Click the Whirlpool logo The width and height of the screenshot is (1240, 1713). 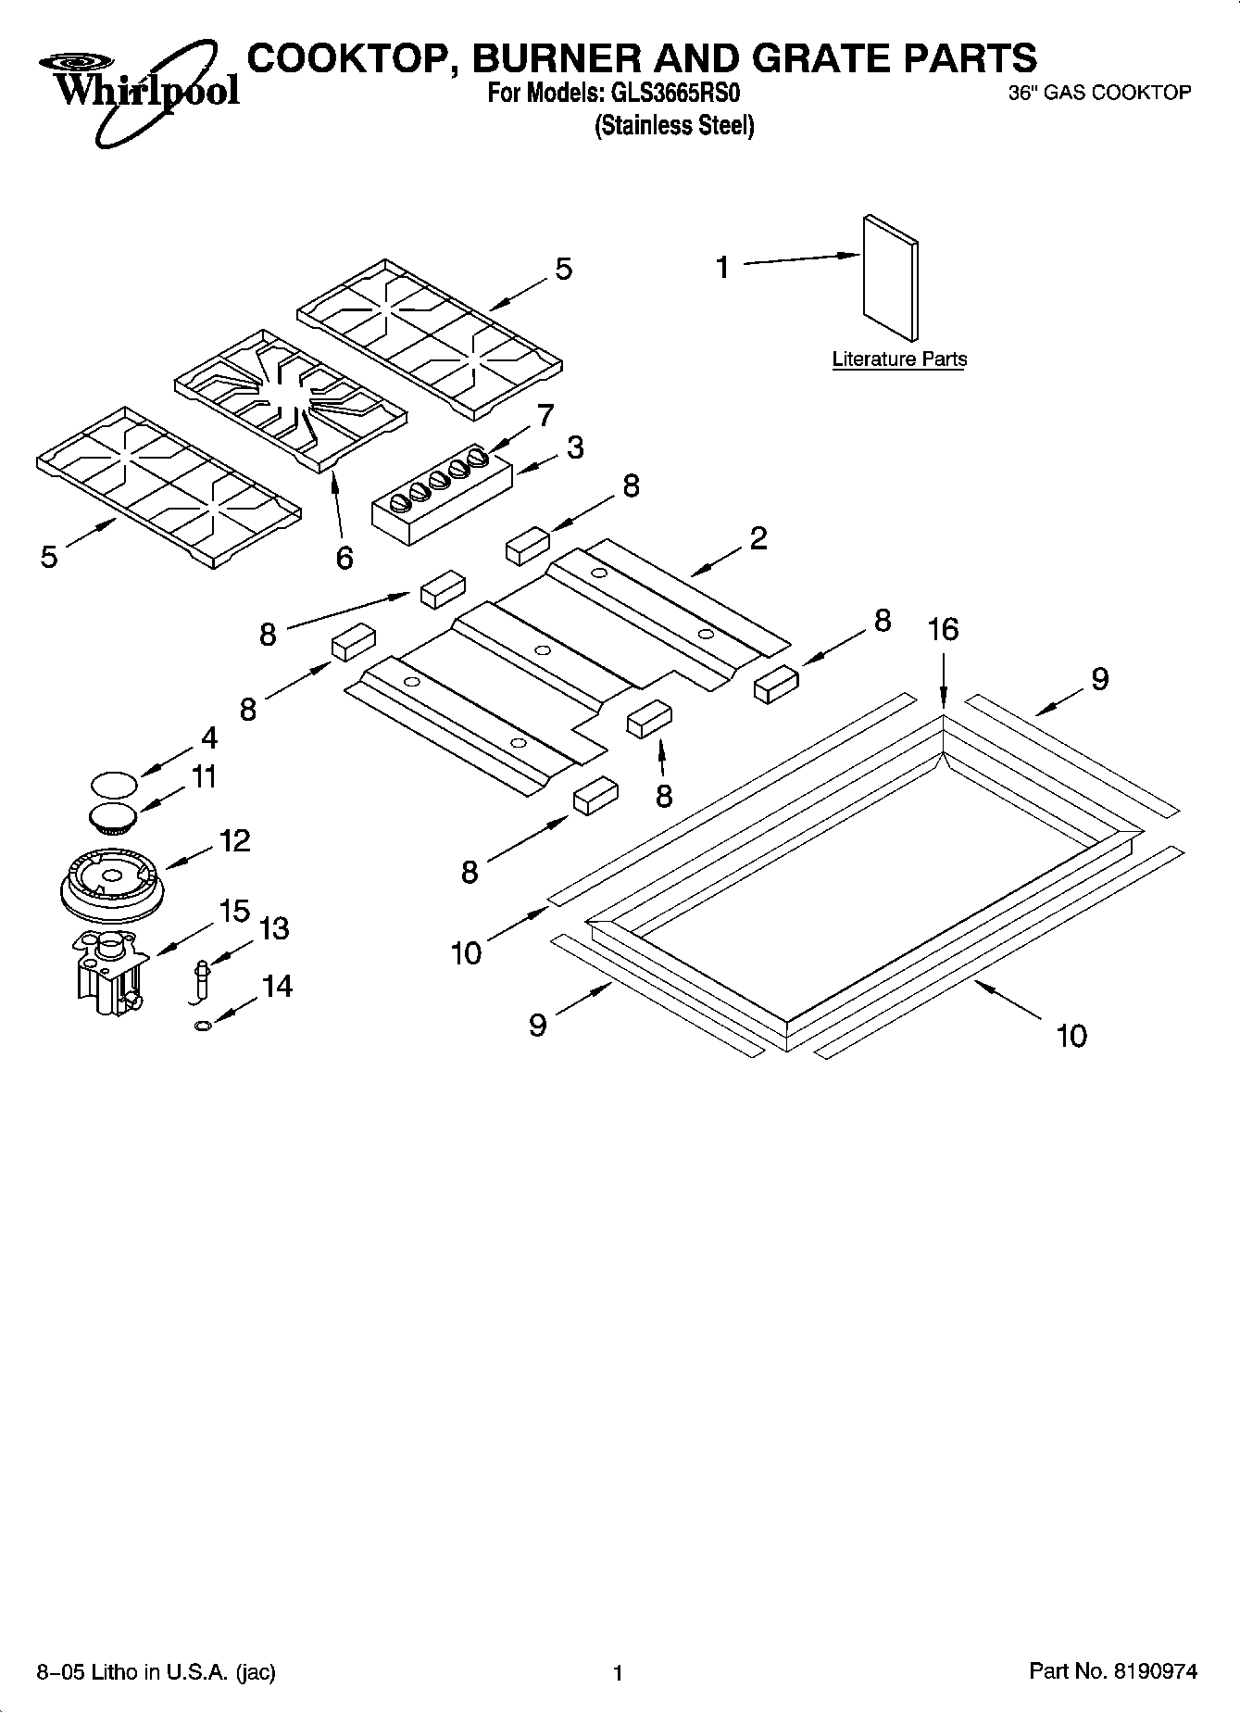(139, 88)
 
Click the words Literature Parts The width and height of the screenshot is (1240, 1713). (898, 359)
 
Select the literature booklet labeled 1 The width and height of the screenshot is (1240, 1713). (891, 279)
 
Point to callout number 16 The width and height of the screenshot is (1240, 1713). (943, 630)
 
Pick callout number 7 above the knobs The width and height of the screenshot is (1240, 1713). (545, 415)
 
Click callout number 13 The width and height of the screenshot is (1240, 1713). (274, 927)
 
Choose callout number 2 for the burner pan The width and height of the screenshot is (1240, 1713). (758, 538)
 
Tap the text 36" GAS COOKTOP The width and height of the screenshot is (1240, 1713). (1098, 93)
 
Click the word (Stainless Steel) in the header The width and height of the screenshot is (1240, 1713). (673, 125)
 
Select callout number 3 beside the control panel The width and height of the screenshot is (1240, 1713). (575, 448)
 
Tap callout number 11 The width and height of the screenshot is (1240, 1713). (203, 776)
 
